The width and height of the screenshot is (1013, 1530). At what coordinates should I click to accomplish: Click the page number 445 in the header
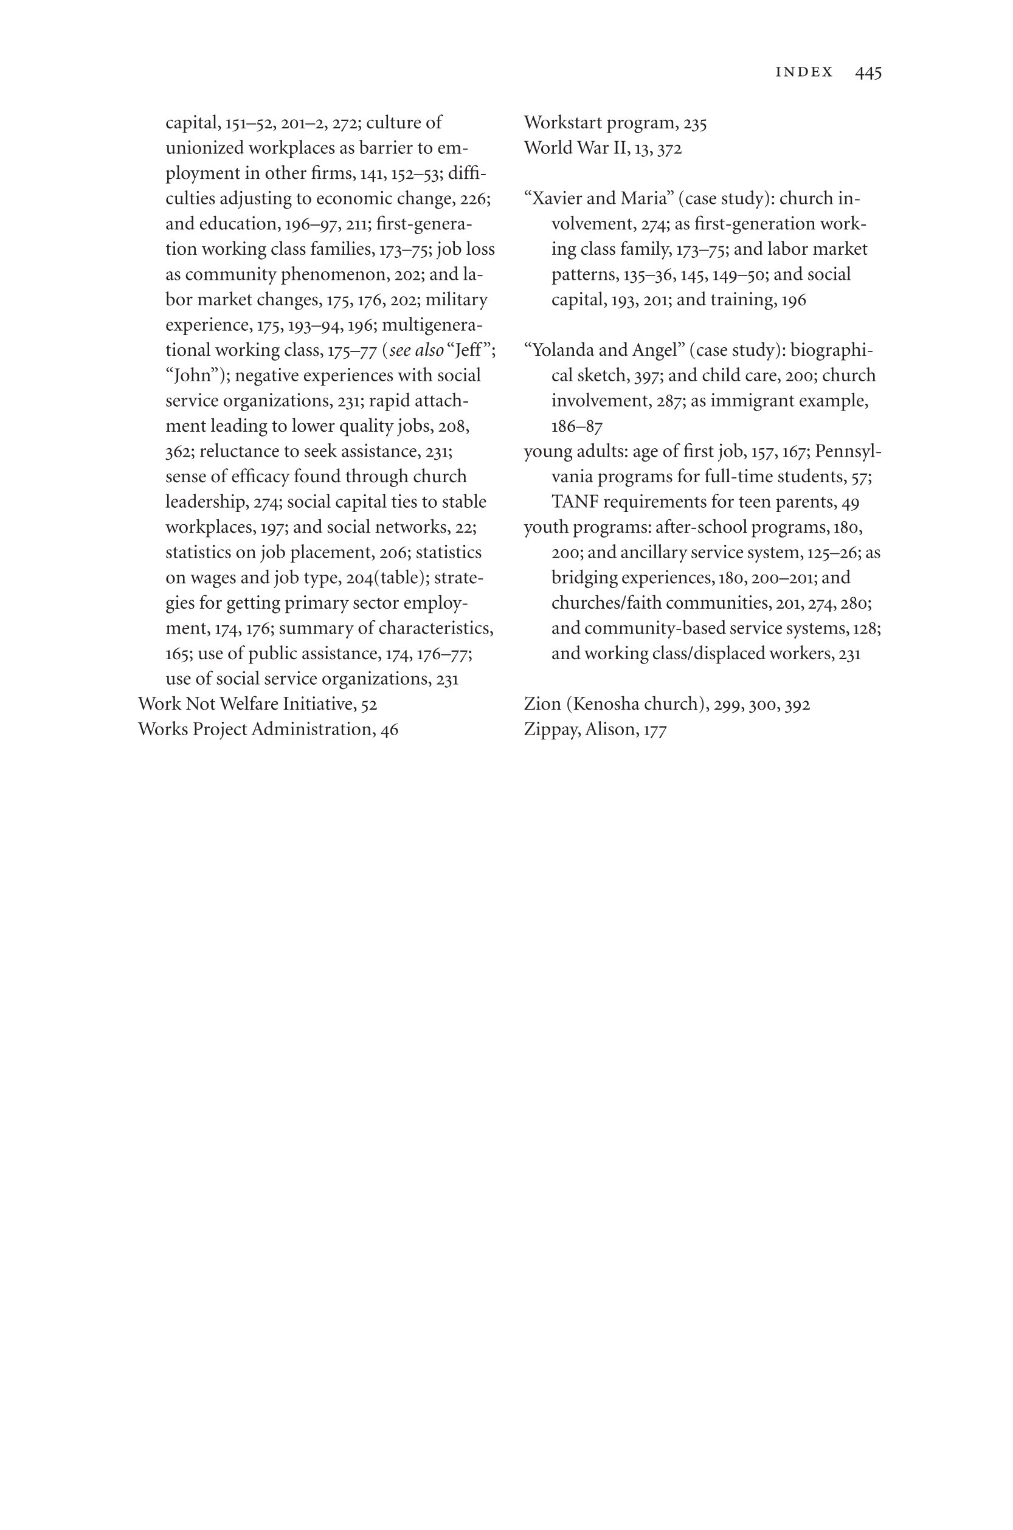868,72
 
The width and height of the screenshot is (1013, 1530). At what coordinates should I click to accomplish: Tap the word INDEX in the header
804,72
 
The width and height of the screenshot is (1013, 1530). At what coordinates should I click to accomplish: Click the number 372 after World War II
669,148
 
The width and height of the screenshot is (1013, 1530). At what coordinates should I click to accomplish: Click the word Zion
542,704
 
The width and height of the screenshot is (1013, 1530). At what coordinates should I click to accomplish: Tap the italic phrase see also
416,350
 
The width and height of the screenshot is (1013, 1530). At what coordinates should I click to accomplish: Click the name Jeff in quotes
468,350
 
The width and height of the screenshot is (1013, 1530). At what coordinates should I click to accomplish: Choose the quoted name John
193,375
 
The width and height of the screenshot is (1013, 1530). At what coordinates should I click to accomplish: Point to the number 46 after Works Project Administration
389,730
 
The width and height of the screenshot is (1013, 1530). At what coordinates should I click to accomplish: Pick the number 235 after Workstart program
694,123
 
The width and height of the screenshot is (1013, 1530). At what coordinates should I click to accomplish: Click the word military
456,300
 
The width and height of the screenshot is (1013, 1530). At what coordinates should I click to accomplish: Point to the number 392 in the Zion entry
797,704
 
